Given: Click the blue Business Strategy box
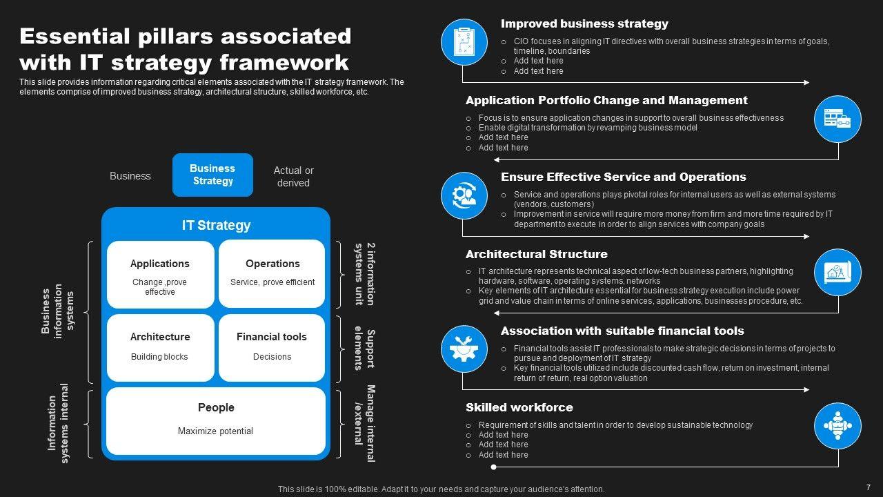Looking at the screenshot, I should tap(212, 175).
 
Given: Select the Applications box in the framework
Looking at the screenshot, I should tap(160, 274).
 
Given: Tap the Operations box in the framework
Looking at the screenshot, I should tap(272, 274).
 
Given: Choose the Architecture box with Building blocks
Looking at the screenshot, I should tap(160, 347).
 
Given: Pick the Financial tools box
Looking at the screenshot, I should tap(272, 347).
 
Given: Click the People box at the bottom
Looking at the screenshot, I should tap(216, 420).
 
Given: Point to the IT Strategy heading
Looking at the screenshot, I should tap(216, 225).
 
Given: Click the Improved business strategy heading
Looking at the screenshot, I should tap(584, 23).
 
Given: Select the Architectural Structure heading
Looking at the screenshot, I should tap(536, 254).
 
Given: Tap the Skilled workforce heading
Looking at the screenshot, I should tap(519, 407).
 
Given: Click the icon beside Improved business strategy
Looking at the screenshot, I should tap(464, 42).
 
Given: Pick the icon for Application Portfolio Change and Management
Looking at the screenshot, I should tap(837, 119).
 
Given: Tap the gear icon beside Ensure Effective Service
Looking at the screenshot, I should tap(464, 195).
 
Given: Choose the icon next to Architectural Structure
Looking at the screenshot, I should tap(837, 272).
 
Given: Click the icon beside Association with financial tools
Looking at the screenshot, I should tap(464, 349).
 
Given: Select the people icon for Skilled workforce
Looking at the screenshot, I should tap(837, 426).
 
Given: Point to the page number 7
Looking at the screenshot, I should tap(868, 486).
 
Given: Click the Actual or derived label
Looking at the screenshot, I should tap(293, 176).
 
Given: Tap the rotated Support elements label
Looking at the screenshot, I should tap(364, 349).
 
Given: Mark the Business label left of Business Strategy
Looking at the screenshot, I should tap(130, 176).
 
